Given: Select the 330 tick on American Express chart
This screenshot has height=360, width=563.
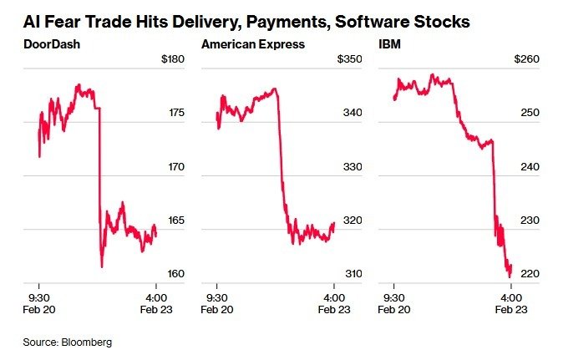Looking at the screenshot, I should [x=352, y=167].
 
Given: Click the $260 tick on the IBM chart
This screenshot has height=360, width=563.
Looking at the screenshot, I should [x=527, y=60].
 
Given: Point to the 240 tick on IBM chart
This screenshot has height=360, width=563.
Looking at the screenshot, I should [x=530, y=167].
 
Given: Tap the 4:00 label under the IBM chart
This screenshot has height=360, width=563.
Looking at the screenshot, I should [x=511, y=297].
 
